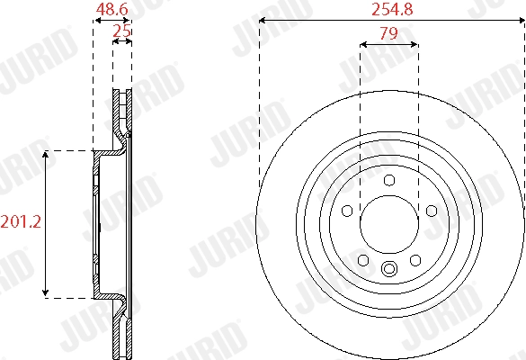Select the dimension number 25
[x=122, y=31]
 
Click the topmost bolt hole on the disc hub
[x=389, y=180]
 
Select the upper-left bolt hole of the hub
[x=347, y=211]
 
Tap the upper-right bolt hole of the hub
[x=432, y=211]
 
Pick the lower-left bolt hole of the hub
[x=363, y=260]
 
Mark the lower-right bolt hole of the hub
[x=415, y=260]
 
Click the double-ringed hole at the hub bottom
[x=389, y=269]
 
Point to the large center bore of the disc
[x=389, y=225]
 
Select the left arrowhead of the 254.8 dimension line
[x=262, y=19]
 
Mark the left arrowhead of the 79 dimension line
[x=362, y=43]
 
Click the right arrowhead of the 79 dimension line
[x=415, y=43]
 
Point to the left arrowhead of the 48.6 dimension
[x=96, y=19]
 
